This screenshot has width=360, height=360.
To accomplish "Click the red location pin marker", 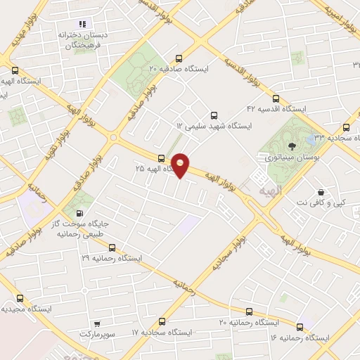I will (x=181, y=165).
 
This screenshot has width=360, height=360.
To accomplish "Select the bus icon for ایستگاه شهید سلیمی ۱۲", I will (x=214, y=115).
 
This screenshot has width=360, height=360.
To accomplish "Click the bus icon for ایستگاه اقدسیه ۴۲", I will (x=275, y=98).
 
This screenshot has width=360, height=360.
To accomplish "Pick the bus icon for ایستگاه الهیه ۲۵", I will (x=161, y=159).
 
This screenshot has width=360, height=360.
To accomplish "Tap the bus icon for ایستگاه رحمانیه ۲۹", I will (x=112, y=247).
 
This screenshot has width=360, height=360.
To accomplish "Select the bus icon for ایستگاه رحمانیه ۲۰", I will (x=249, y=311).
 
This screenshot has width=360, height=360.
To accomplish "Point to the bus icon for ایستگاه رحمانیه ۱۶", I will (x=300, y=327).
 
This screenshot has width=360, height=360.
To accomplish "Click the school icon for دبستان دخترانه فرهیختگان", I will (x=82, y=24).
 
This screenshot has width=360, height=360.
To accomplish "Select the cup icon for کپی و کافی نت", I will (x=321, y=191).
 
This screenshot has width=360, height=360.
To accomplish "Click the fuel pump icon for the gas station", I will (x=79, y=214).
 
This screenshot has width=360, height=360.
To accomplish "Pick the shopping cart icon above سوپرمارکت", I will (x=96, y=325).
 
